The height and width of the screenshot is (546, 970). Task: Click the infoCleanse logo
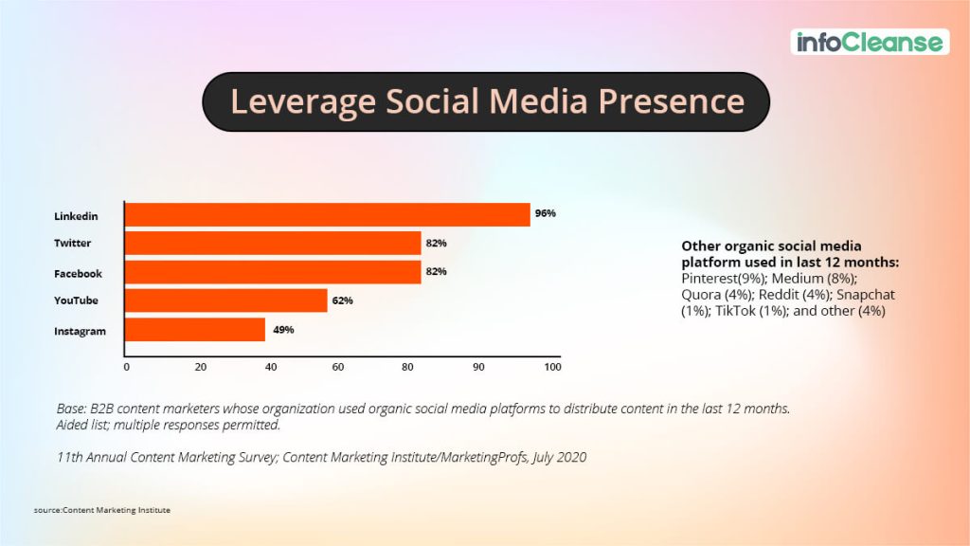click(869, 42)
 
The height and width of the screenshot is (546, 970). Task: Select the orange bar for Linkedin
click(328, 214)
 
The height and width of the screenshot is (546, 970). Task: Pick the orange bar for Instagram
click(195, 330)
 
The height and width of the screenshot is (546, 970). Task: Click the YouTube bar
click(226, 300)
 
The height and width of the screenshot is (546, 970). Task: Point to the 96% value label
click(545, 213)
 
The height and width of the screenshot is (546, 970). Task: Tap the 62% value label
click(342, 300)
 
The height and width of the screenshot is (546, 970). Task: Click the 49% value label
click(283, 330)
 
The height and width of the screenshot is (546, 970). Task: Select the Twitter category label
click(73, 244)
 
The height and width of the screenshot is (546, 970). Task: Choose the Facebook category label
click(77, 273)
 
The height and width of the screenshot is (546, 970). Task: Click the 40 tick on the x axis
click(271, 366)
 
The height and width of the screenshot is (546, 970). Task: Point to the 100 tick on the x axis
click(552, 366)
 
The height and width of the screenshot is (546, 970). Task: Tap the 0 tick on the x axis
click(126, 366)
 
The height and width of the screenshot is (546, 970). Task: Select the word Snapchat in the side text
click(865, 295)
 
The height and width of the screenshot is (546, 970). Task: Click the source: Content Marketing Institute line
click(102, 510)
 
